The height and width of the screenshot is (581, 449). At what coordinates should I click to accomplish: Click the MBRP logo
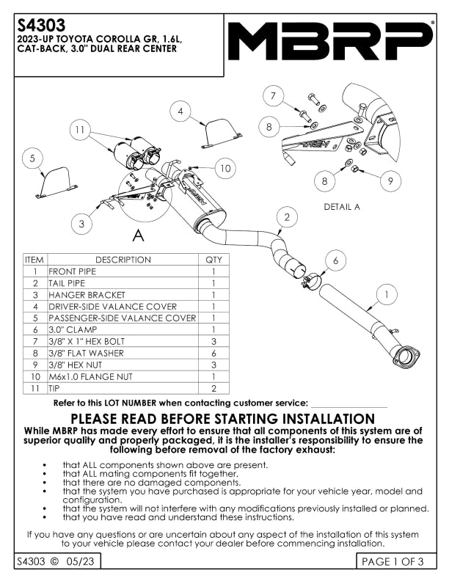point(331,41)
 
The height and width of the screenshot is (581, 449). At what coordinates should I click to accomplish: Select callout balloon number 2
point(288,217)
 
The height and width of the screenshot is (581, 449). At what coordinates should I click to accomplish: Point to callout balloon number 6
point(335,260)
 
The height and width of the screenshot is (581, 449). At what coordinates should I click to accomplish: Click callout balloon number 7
point(273,96)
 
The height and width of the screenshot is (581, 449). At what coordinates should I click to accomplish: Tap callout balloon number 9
point(390,180)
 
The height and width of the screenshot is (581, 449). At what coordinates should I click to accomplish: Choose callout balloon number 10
point(224,168)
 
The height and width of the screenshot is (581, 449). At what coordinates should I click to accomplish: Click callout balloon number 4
point(180,112)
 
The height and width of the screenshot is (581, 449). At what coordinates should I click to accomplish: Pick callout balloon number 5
point(33,158)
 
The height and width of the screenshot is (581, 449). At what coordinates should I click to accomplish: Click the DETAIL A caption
point(342,207)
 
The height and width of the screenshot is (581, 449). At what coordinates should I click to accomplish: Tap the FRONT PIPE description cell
point(72,271)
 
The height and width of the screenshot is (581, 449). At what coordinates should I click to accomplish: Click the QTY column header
point(213,260)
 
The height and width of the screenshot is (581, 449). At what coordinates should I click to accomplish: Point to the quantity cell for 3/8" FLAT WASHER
point(213,353)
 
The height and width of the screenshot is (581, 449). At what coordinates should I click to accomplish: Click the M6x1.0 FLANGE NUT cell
point(90,376)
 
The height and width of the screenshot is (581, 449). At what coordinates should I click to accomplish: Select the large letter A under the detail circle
point(137,236)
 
